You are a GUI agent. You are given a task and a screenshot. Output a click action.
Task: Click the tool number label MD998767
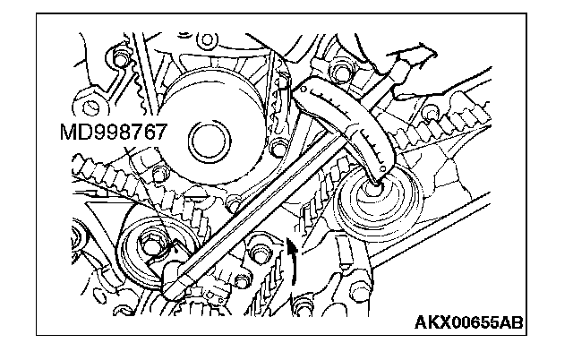(113, 132)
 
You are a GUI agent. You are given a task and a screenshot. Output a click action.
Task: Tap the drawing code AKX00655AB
(469, 322)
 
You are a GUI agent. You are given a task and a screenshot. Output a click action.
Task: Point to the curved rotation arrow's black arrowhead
(293, 246)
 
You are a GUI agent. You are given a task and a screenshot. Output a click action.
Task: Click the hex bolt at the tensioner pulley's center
(150, 244)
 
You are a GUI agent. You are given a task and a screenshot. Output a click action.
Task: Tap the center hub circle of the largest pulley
(210, 141)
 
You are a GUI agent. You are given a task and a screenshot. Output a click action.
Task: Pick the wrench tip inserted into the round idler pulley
(376, 182)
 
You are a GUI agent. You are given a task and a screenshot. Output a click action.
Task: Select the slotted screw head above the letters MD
(90, 107)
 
